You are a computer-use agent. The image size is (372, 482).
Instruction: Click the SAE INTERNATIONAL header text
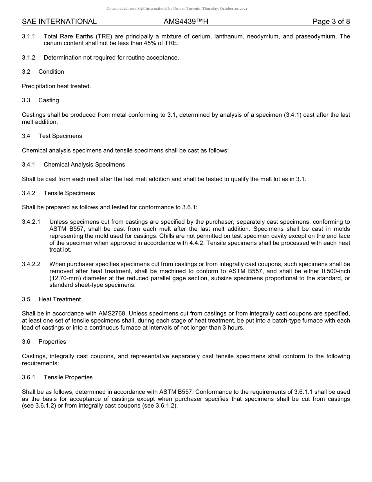click(59, 22)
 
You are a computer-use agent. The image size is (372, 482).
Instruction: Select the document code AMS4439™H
click(186, 22)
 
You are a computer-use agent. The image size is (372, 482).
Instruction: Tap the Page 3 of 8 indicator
click(331, 22)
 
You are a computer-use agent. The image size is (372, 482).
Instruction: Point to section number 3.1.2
click(29, 58)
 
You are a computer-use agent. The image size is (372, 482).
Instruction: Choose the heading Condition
click(51, 72)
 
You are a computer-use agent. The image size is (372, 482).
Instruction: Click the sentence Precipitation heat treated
click(56, 86)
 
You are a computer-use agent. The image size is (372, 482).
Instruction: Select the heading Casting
click(49, 100)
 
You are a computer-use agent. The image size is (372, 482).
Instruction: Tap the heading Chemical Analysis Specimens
click(84, 165)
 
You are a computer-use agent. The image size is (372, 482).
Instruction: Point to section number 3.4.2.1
click(31, 222)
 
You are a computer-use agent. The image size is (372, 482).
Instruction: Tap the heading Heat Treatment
click(60, 299)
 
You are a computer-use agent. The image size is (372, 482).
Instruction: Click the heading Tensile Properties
click(68, 377)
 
